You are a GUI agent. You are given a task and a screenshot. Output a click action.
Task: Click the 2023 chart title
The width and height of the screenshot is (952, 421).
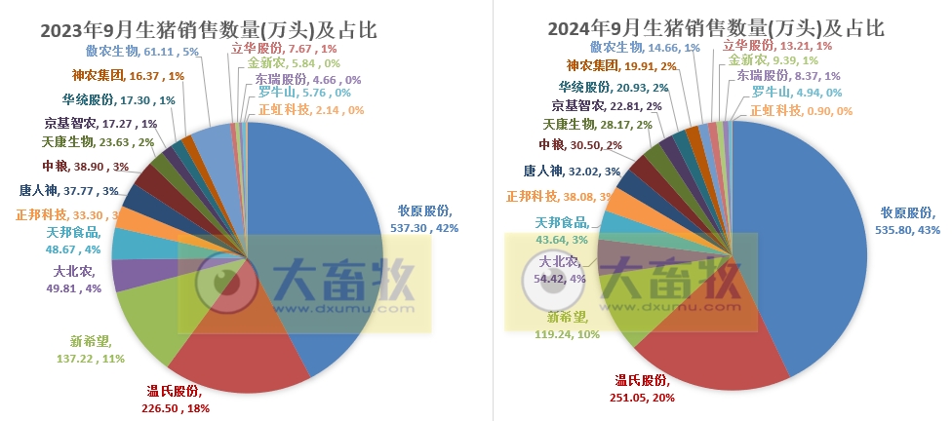[x=208, y=29]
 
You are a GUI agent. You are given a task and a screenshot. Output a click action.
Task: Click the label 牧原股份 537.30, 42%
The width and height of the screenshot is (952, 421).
[x=424, y=218]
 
